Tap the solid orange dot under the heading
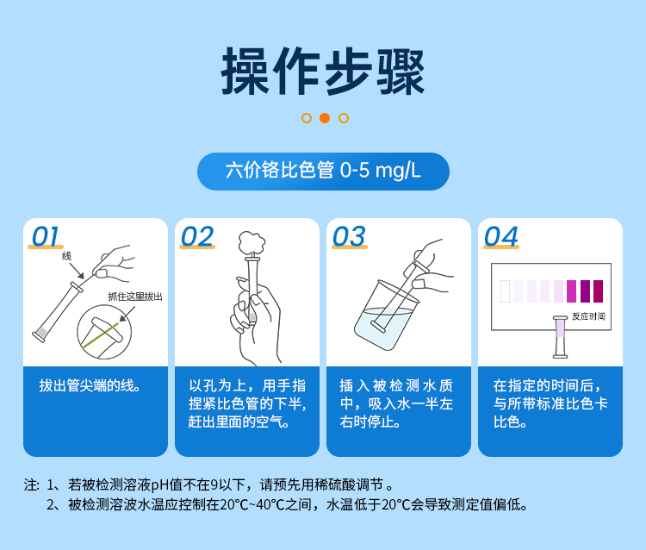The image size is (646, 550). (x=324, y=118)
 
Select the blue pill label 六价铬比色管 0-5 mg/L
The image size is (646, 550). (x=323, y=171)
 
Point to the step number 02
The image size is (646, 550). (x=197, y=237)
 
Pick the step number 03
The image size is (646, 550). (x=349, y=237)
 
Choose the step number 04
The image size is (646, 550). (x=501, y=237)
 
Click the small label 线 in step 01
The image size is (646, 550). (x=66, y=256)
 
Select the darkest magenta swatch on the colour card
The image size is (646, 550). (x=598, y=291)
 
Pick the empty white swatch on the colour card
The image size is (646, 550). (x=505, y=291)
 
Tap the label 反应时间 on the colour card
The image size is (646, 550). (x=588, y=316)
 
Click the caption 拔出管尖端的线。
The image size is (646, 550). (x=90, y=385)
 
